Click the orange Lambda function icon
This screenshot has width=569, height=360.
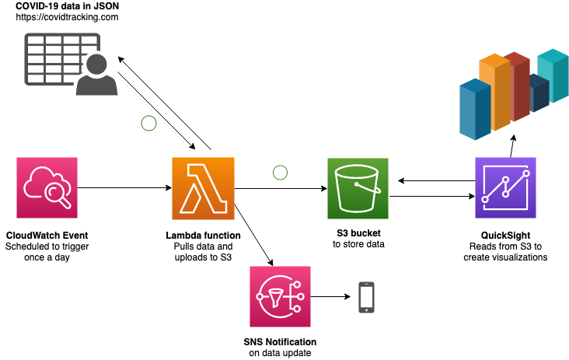[x=203, y=188]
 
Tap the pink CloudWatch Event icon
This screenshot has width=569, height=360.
[x=47, y=188]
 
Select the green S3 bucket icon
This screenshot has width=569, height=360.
[x=358, y=188]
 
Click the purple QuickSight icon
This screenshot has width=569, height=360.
[x=504, y=188]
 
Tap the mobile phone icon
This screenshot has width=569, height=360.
[x=366, y=297]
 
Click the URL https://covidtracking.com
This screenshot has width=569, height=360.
[x=67, y=17]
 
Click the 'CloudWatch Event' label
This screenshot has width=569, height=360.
[x=47, y=236]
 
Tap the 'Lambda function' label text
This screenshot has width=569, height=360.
[x=203, y=236]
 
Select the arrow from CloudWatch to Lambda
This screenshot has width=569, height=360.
[x=124, y=188]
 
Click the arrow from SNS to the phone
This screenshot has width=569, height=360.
[x=330, y=297]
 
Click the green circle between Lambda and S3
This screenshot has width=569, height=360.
[x=280, y=172]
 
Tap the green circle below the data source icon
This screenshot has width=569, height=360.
[x=148, y=122]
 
